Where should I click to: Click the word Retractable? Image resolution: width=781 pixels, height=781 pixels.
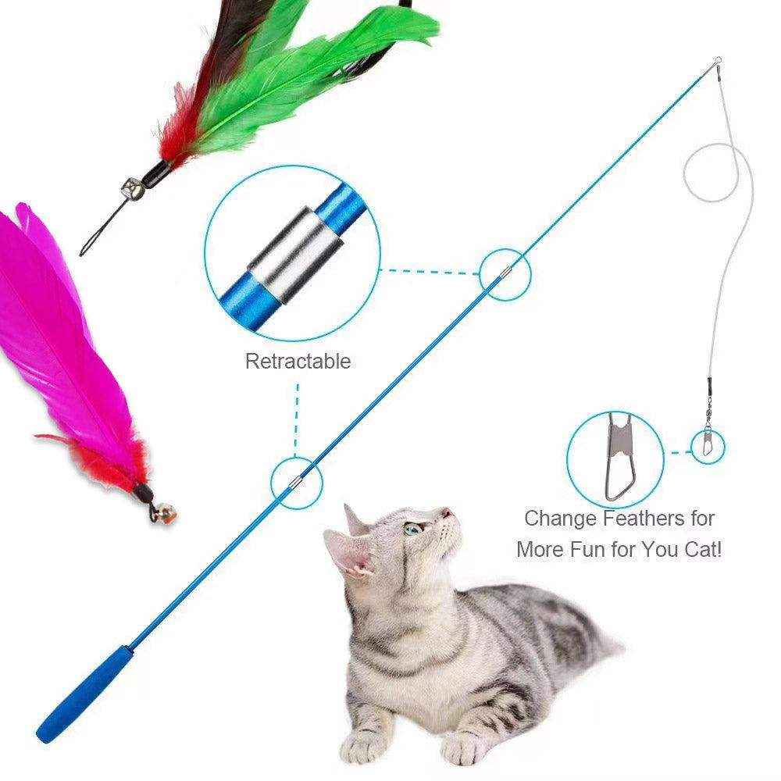(x=298, y=362)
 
